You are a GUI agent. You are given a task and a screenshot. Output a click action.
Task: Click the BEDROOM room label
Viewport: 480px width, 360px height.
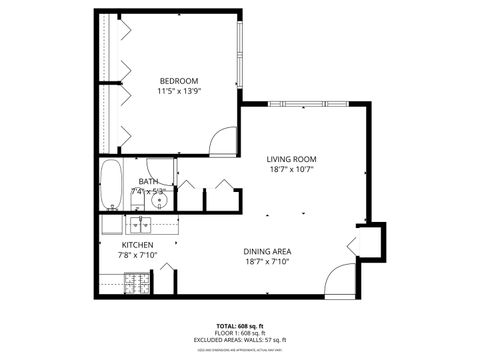(178, 81)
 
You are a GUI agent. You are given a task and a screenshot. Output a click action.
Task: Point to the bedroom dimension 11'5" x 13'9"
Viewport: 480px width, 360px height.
(178, 92)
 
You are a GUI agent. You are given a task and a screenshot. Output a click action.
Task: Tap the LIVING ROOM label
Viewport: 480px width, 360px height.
(291, 159)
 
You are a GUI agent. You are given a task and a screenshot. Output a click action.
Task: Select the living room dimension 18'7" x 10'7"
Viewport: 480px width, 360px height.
(291, 171)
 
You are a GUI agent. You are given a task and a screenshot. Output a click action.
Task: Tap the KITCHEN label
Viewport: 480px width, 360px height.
(138, 245)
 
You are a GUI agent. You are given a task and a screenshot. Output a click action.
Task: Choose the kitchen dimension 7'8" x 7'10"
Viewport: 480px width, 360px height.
(138, 256)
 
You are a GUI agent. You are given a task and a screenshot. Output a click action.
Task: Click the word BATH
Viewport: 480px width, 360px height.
(148, 181)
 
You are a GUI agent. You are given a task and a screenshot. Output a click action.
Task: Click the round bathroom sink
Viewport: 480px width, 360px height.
(158, 201)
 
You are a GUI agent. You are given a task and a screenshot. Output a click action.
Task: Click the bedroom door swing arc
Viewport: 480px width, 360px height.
(222, 144)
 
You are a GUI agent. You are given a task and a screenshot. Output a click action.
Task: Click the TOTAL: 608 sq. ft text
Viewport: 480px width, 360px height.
(239, 327)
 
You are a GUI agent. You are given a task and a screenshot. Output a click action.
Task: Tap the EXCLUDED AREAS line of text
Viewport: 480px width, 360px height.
(239, 341)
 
